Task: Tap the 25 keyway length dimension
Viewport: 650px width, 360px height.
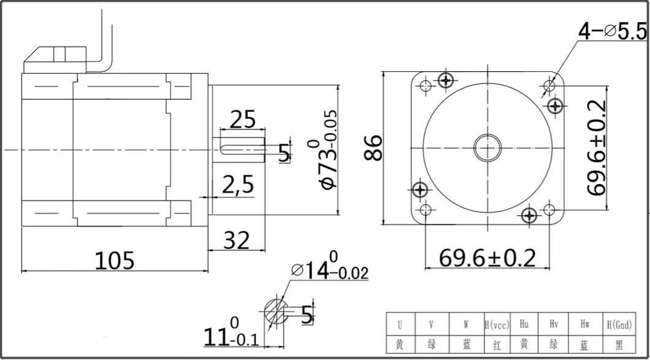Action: pyautogui.click(x=242, y=119)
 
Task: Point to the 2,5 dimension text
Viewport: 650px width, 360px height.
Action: pyautogui.click(x=237, y=184)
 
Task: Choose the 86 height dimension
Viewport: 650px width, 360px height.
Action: pyautogui.click(x=372, y=147)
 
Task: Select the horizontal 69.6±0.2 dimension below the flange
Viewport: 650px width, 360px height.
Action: pyautogui.click(x=487, y=258)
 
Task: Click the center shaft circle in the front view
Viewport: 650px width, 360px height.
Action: pyautogui.click(x=488, y=148)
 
